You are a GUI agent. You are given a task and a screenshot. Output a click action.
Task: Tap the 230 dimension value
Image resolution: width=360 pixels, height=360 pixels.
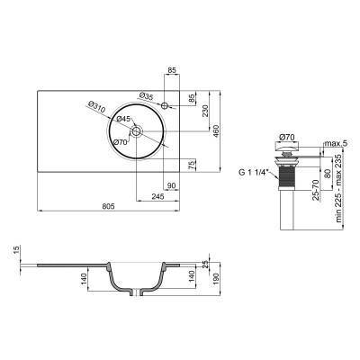(206, 110)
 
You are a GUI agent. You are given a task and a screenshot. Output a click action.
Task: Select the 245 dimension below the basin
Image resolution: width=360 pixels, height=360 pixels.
(157, 195)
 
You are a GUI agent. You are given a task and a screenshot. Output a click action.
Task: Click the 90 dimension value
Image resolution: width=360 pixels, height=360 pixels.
(172, 186)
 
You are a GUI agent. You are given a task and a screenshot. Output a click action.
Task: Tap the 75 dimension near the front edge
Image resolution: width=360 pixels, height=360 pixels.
(192, 165)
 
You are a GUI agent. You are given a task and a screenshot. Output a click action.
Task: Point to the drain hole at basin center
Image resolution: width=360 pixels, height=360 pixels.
(136, 132)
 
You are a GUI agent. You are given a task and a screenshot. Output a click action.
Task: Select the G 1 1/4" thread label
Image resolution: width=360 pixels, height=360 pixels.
(253, 173)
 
